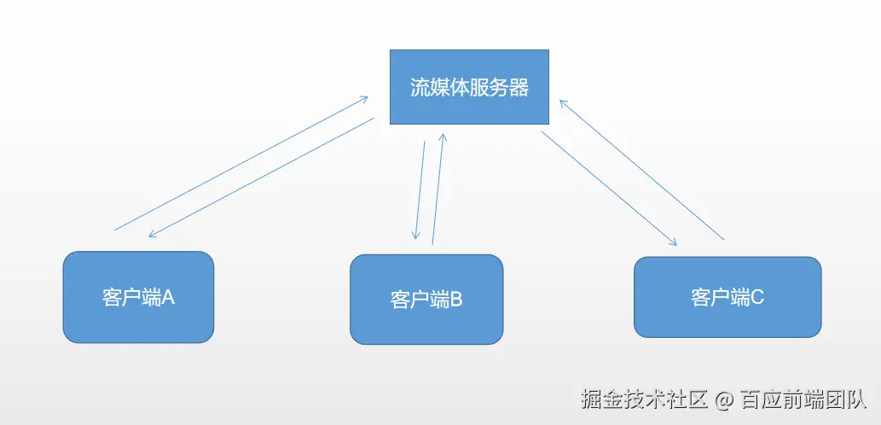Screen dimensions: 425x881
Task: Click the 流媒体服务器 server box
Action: coord(469,86)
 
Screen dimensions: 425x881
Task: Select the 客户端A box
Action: coord(138,296)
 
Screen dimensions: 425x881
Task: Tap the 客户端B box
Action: coord(426,299)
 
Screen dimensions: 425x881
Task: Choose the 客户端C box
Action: coord(727,296)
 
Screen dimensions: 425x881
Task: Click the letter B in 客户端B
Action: coord(455,300)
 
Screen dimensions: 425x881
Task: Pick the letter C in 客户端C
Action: coord(757,297)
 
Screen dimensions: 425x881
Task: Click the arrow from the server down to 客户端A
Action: coord(261,178)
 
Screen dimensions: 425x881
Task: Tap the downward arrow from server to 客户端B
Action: coord(420,189)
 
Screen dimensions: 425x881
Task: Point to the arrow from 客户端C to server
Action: coord(641,169)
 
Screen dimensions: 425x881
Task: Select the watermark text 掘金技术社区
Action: coord(645,399)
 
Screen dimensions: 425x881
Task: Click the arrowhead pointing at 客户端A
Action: coord(152,235)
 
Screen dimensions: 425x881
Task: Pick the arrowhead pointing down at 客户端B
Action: coord(416,236)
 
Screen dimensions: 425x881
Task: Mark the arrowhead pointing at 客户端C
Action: coord(674,242)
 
